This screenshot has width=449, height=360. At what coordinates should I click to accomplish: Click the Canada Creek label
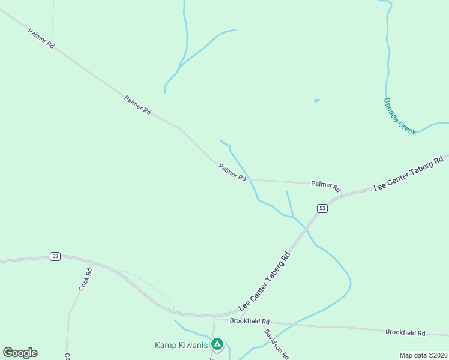tap(400, 116)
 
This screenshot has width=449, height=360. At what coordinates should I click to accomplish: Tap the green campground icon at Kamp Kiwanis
tap(217, 344)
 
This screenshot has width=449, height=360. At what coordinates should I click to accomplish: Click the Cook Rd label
tap(85, 280)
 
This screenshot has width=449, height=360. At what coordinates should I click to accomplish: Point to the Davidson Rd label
tap(276, 343)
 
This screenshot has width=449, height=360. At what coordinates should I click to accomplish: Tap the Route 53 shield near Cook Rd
tap(55, 256)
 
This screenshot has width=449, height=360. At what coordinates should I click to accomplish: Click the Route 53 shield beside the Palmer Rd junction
tap(322, 208)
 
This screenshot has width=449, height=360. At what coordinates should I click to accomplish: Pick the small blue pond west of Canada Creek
tap(316, 100)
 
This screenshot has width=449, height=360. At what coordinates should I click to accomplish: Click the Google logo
tap(20, 353)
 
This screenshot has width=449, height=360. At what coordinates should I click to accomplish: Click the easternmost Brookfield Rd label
tap(405, 332)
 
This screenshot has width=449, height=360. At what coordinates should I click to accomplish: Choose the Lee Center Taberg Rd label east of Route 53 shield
tap(408, 173)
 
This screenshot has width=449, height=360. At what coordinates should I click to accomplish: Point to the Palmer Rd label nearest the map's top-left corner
tap(41, 37)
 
